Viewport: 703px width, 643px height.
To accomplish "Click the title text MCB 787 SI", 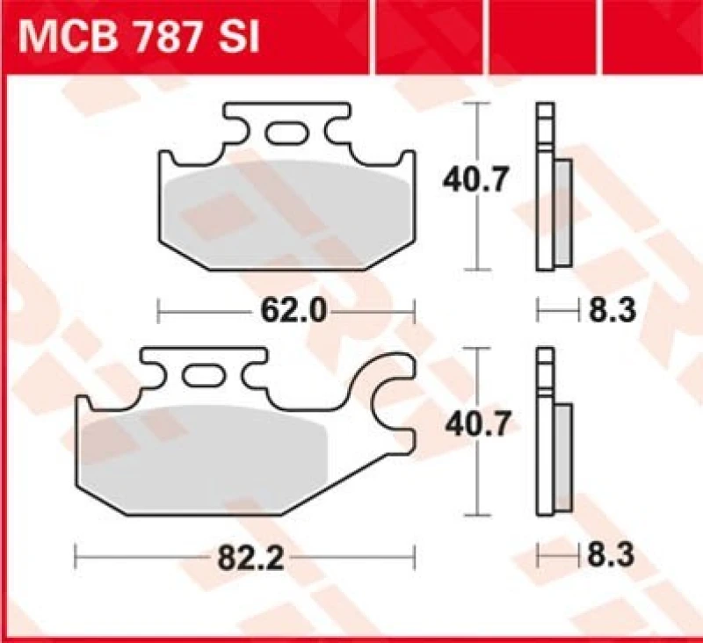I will pos(137,39).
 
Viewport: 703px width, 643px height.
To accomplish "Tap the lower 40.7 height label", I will pos(474,427).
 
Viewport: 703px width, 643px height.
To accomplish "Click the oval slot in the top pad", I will pos(285,134).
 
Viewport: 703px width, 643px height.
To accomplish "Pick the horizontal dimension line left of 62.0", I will pos(202,310).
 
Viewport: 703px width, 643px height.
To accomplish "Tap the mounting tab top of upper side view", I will pos(546,119).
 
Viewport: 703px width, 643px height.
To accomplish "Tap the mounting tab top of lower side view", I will pos(546,365).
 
